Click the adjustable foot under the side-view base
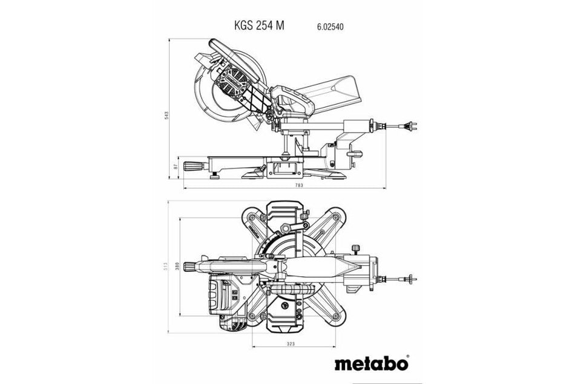216,177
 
